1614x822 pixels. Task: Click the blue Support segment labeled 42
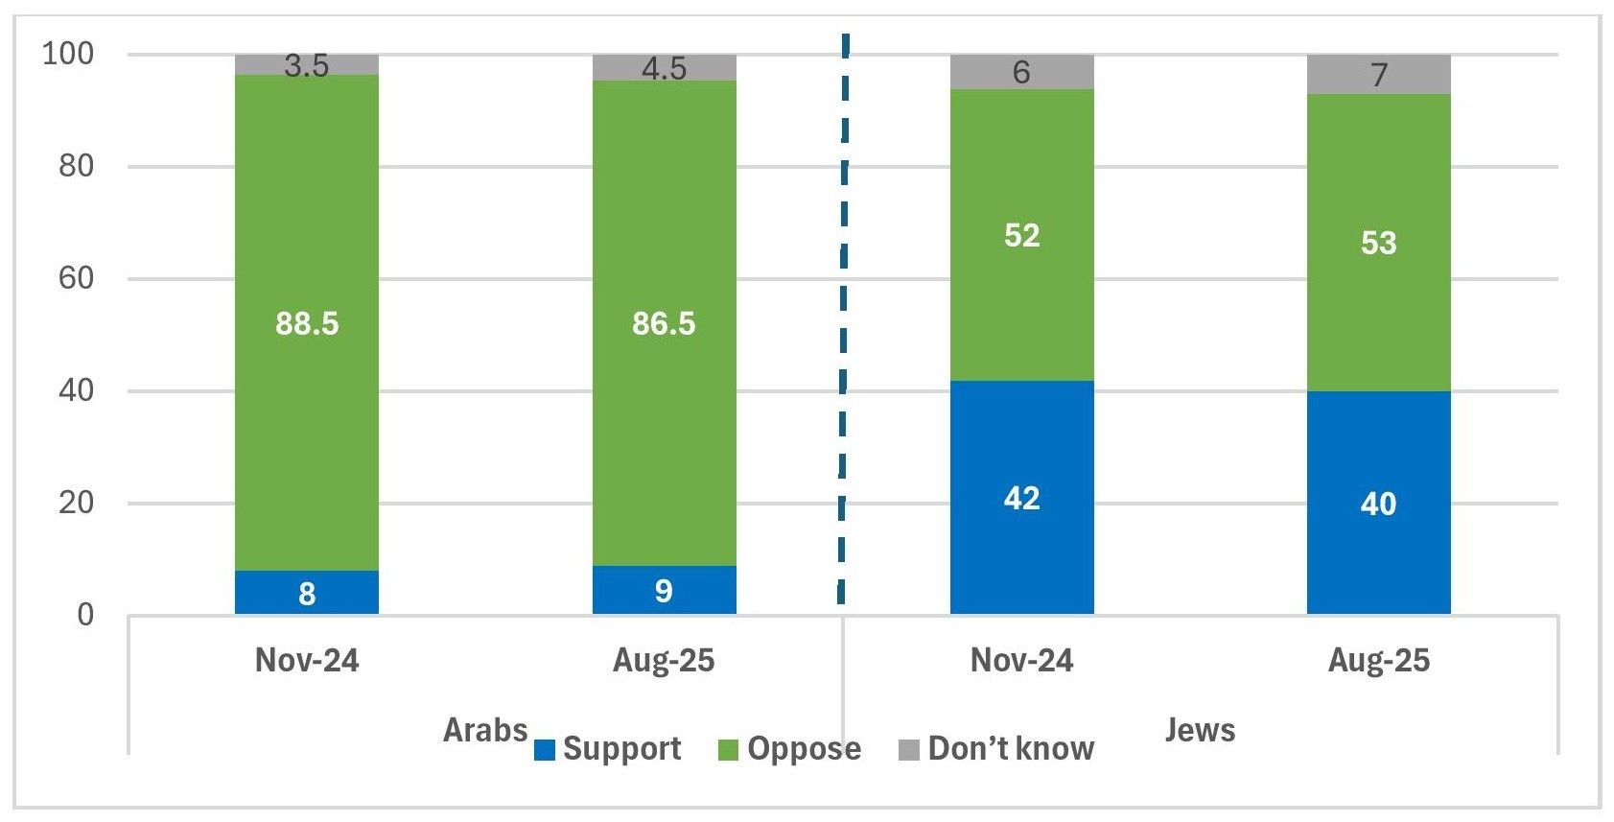[x=1021, y=497]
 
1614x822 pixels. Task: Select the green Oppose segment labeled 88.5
[x=307, y=322]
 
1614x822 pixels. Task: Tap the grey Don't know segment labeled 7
[x=1378, y=74]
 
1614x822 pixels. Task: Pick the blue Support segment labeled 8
[x=307, y=593]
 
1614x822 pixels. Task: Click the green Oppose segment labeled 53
[x=1378, y=242]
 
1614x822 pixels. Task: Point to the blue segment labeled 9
[x=664, y=590]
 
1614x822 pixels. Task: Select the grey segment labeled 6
[x=1021, y=72]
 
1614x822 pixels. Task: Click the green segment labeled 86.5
[x=664, y=322]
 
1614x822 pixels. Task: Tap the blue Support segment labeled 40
[x=1378, y=503]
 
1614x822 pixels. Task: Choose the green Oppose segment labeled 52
[x=1021, y=235]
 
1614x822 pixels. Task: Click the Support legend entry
[x=608, y=749]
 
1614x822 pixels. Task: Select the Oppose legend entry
[x=790, y=749]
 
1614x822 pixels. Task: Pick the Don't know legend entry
[x=996, y=749]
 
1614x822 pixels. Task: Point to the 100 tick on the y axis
[x=69, y=54]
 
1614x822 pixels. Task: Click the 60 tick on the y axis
[x=77, y=278]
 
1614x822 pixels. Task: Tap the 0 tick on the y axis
[x=86, y=614]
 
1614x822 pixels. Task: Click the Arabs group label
[x=485, y=730]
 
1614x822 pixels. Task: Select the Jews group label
[x=1200, y=730]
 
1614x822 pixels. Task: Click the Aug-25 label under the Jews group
[x=1378, y=661]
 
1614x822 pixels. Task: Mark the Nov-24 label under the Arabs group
[x=307, y=661]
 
